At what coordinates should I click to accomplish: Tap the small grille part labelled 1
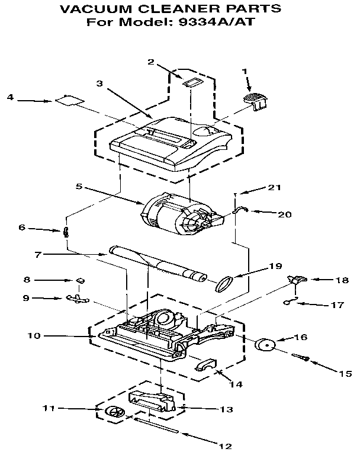coord(255,98)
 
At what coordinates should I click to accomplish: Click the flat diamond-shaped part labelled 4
coord(67,101)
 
